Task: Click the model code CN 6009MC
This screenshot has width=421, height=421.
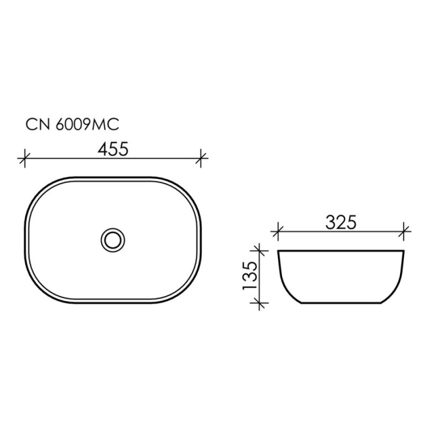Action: (x=72, y=125)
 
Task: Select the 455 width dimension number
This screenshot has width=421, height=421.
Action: (x=113, y=149)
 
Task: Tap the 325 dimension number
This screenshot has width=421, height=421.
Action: (x=340, y=223)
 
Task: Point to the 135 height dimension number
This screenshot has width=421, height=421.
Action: (x=250, y=275)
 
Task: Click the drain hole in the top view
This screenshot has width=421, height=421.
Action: (x=113, y=240)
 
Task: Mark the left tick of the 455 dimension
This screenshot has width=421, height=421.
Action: (x=24, y=158)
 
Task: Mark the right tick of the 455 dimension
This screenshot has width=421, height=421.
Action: (x=201, y=158)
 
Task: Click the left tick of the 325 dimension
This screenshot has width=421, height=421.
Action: (x=278, y=232)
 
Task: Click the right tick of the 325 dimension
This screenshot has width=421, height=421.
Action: (x=404, y=232)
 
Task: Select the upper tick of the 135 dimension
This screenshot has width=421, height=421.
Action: (x=259, y=251)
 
